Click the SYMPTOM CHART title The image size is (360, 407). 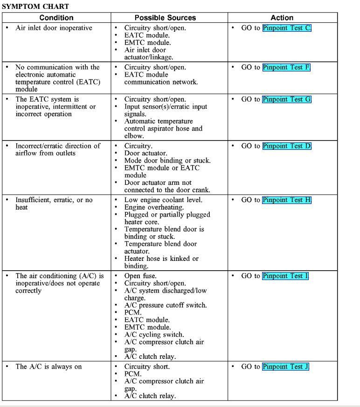click(x=35, y=7)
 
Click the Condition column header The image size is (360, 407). click(x=56, y=18)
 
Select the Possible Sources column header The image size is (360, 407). click(x=165, y=18)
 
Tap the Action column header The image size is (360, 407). click(x=282, y=18)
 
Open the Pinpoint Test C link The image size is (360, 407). click(x=286, y=28)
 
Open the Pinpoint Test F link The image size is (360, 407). click(x=286, y=67)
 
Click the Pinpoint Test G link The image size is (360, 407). click(x=286, y=99)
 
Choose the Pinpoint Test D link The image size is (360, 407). click(x=286, y=146)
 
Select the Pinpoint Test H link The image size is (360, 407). click(x=286, y=200)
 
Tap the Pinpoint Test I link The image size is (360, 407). click(x=285, y=276)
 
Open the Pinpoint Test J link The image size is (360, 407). click(x=285, y=367)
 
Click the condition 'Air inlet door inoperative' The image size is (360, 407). click(x=54, y=28)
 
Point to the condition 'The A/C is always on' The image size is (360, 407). click(x=48, y=367)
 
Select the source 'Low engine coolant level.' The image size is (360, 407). click(x=163, y=200)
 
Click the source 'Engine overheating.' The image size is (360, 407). click(x=154, y=207)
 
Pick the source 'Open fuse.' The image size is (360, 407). click(x=140, y=276)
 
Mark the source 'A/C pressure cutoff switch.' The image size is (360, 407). click(x=166, y=305)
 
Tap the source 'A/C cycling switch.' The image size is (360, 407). click(x=154, y=335)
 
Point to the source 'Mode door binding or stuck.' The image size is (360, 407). click(x=167, y=161)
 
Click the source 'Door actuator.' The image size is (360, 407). click(x=145, y=153)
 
